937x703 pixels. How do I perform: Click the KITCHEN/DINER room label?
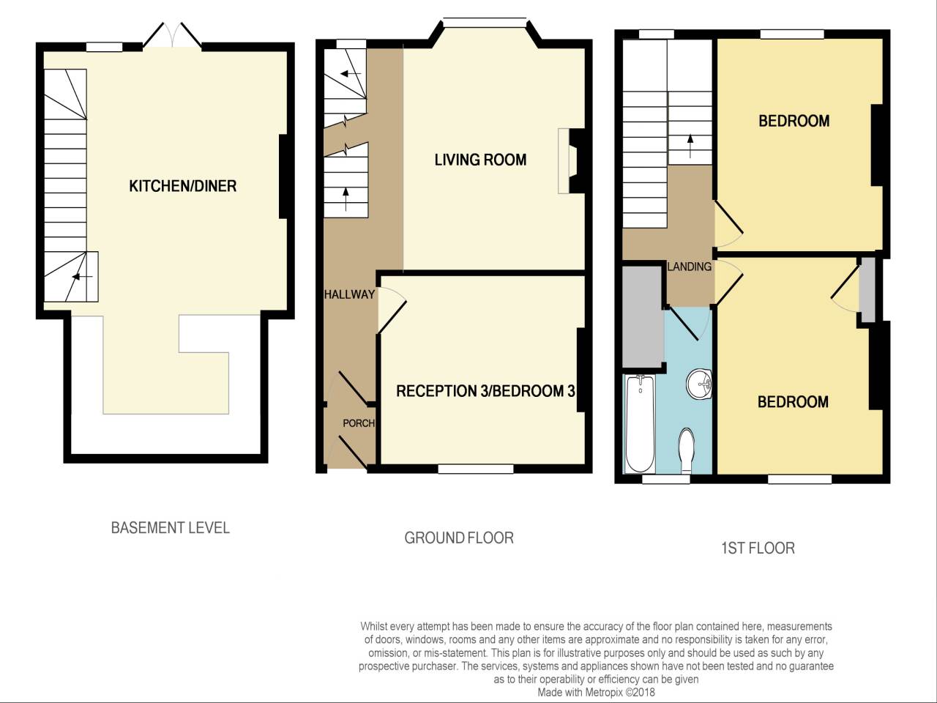182,186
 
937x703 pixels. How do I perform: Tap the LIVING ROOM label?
480,160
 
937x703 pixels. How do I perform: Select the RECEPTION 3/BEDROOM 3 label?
485,391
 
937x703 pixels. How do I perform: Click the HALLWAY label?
349,294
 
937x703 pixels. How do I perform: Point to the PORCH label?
358,423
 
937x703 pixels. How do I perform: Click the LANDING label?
689,267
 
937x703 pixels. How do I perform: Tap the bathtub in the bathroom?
641,424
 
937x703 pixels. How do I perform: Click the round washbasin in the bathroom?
699,384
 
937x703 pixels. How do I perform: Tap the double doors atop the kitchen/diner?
171,37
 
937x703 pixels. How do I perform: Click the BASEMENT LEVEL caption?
170,527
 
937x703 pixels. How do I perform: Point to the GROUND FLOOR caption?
459,538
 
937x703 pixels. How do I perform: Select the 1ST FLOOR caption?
757,548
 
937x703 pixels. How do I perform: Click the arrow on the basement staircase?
81,277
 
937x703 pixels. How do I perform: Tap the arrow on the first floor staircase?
690,146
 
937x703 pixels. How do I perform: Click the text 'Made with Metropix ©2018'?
596,692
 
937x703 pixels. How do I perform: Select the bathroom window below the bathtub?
665,480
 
